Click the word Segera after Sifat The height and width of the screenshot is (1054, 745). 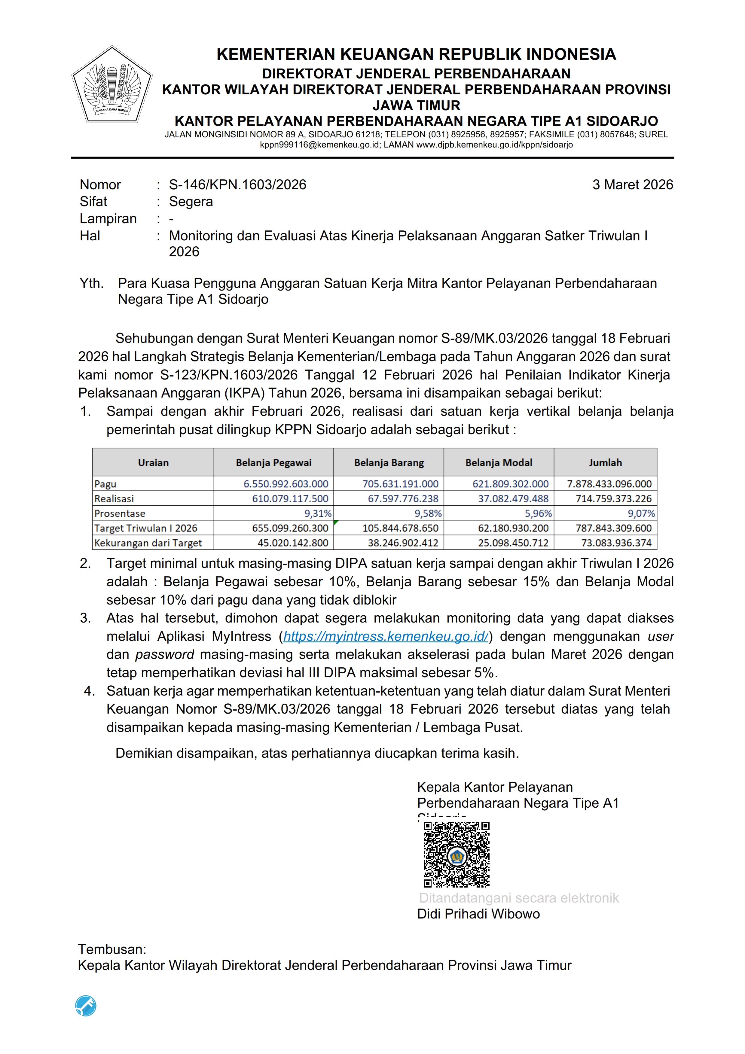click(191, 202)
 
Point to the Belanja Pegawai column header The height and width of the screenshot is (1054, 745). click(273, 463)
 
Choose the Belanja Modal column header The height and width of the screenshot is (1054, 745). click(499, 463)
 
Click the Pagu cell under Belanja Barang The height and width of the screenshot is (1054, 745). click(400, 484)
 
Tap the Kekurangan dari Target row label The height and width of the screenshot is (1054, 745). click(148, 543)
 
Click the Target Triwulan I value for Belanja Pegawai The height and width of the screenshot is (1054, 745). click(290, 529)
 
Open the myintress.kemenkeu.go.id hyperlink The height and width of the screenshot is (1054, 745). click(386, 637)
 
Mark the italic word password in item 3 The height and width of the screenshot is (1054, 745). click(164, 655)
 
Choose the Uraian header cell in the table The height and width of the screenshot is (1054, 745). click(153, 463)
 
